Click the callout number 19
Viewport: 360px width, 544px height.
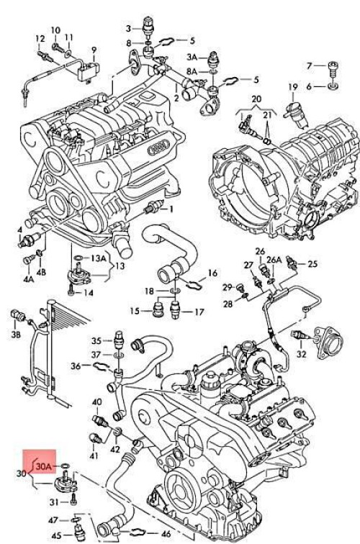pyautogui.click(x=293, y=87)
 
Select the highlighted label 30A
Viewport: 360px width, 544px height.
pyautogui.click(x=44, y=467)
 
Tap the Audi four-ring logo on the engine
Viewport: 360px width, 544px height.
pyautogui.click(x=158, y=149)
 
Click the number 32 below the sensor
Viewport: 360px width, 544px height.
pyautogui.click(x=302, y=354)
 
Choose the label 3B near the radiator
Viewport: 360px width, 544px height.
pyautogui.click(x=16, y=335)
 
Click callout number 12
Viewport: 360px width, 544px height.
pyautogui.click(x=40, y=39)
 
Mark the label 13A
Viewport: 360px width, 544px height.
pyautogui.click(x=98, y=258)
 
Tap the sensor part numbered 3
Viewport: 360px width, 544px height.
pyautogui.click(x=148, y=27)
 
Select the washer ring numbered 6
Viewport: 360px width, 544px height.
pyautogui.click(x=333, y=86)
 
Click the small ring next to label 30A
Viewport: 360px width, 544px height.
pyautogui.click(x=66, y=466)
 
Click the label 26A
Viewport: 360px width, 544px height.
pyautogui.click(x=274, y=260)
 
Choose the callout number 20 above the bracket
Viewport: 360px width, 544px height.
pyautogui.click(x=256, y=99)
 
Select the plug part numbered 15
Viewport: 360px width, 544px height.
pyautogui.click(x=158, y=308)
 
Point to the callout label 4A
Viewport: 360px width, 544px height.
pyautogui.click(x=29, y=278)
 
